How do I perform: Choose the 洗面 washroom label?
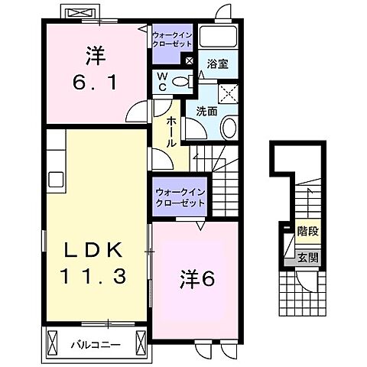[206, 111]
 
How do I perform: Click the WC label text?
[163, 82]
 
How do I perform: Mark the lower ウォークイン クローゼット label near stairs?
[179, 197]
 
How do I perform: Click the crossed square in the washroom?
[228, 93]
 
